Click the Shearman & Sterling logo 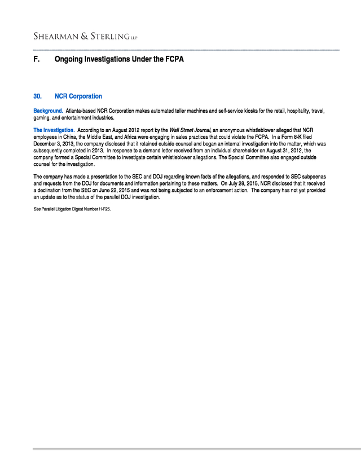[x=85, y=37]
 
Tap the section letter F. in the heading [x=37, y=59]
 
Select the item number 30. [x=38, y=96]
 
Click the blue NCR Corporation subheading [x=78, y=96]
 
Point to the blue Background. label [x=48, y=111]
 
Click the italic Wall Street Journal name [x=190, y=131]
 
